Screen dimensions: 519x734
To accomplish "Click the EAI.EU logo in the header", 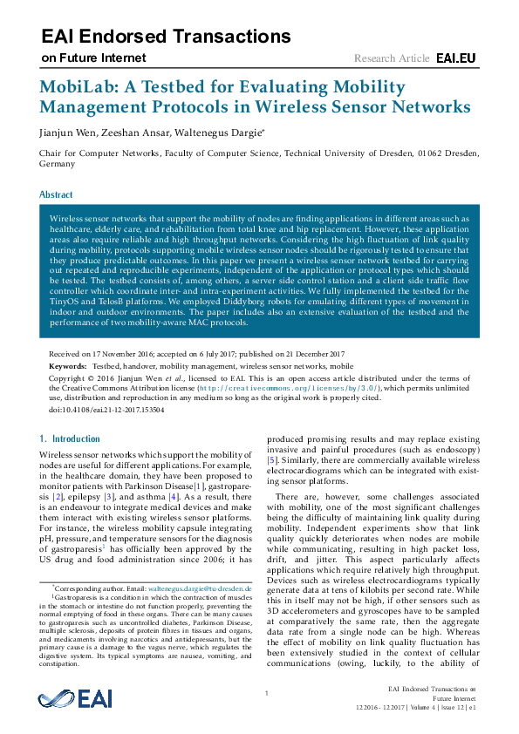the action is pos(455,58).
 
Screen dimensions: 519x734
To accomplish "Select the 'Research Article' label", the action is pos(392,58).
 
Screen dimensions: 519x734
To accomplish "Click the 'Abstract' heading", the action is pos(56,194).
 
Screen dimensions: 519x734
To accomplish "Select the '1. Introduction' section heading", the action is pos(71,438).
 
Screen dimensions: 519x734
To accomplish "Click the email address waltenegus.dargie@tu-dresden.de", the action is pos(198,589).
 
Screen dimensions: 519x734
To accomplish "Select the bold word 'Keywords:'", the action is pos(68,368).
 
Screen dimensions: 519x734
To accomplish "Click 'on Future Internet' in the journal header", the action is pos(93,58).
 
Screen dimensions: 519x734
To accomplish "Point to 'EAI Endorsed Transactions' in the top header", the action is pos(166,36).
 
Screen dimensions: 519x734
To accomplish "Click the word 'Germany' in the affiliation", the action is pos(58,163).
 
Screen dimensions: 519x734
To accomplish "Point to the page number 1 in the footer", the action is pos(264,693).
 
